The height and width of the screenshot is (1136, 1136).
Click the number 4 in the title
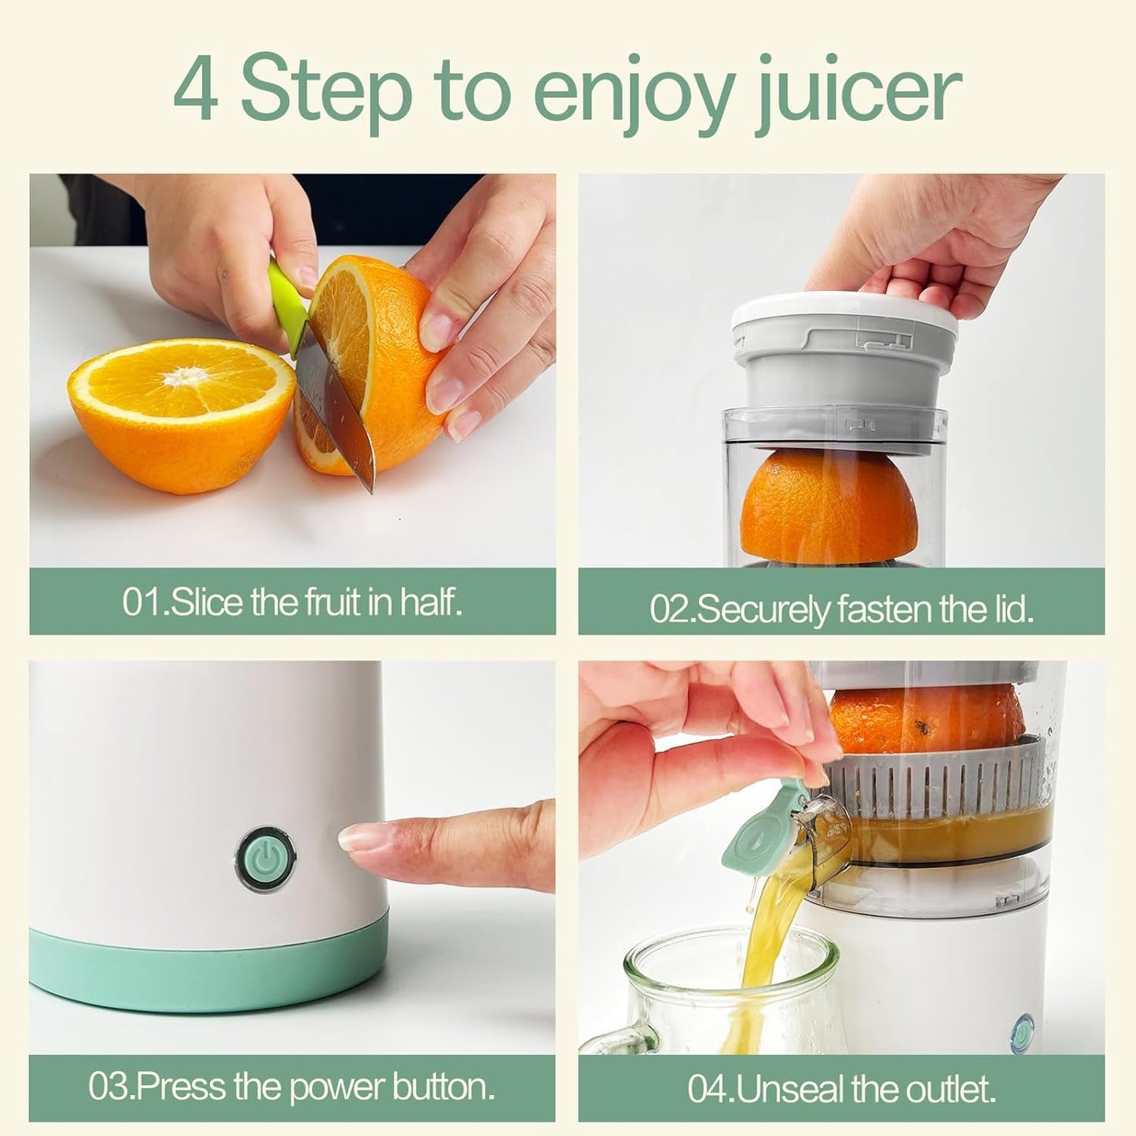[x=195, y=89]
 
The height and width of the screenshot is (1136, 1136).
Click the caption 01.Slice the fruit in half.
[x=292, y=603]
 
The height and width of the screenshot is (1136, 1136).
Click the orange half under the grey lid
[x=829, y=503]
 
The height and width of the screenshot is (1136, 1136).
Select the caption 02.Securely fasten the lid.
[x=841, y=609]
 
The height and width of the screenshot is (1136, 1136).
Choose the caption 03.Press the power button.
[x=292, y=1087]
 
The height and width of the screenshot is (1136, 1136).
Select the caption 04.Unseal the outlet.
[x=841, y=1089]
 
